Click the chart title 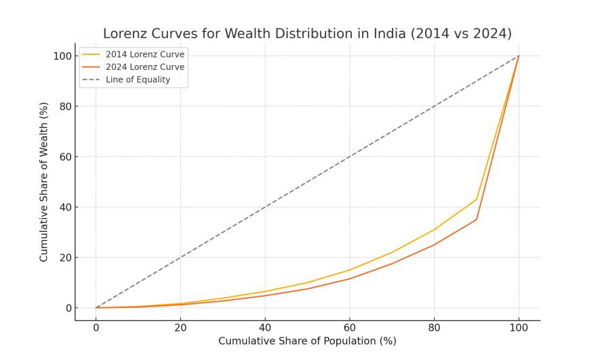point(307,34)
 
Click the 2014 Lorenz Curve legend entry point(144,54)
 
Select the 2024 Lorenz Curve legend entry point(144,67)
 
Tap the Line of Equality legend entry point(138,79)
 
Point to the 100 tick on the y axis point(62,56)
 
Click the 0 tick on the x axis point(96,328)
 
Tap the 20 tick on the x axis point(180,328)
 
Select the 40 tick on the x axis point(265,328)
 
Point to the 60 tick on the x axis point(349,328)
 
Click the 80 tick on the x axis point(434,328)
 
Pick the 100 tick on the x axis point(519,328)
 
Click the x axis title point(307,341)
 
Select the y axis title point(44,182)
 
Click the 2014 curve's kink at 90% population point(477,199)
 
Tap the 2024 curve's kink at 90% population point(477,219)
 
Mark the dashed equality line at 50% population point(307,182)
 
